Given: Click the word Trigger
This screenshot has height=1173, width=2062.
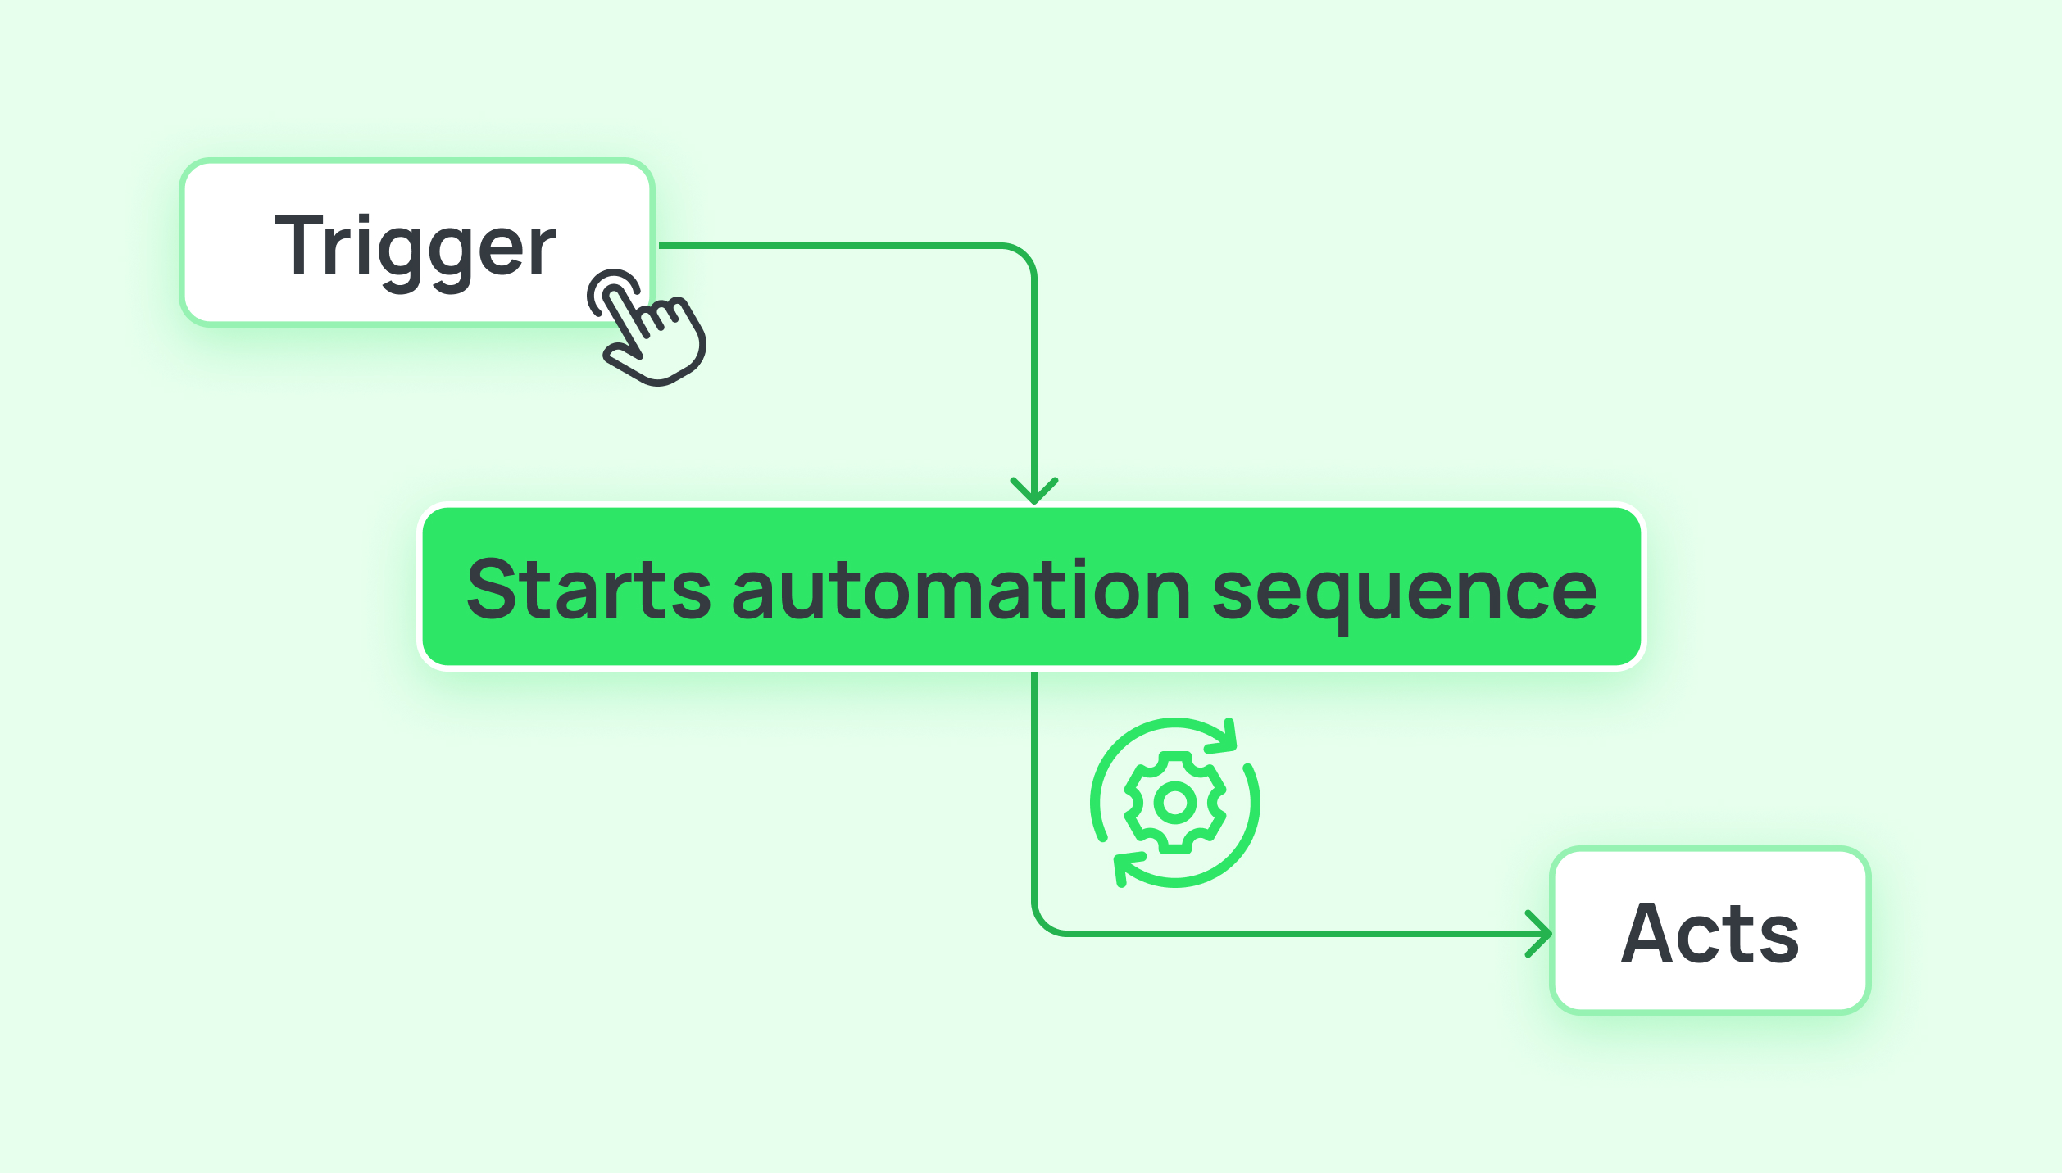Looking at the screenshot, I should click(x=416, y=246).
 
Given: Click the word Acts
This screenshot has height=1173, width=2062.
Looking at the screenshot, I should click(x=1710, y=934).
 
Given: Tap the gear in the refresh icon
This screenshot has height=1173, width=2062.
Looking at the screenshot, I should click(x=1174, y=803).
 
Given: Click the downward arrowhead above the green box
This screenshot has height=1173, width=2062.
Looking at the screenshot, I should click(x=1034, y=491).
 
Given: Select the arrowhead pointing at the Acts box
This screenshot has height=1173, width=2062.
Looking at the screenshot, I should click(x=1541, y=934).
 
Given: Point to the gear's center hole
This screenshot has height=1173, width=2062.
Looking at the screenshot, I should click(x=1174, y=803).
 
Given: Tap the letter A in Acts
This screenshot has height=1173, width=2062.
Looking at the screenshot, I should click(x=1647, y=934).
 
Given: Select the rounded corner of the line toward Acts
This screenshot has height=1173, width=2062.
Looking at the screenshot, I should click(x=1044, y=923).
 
